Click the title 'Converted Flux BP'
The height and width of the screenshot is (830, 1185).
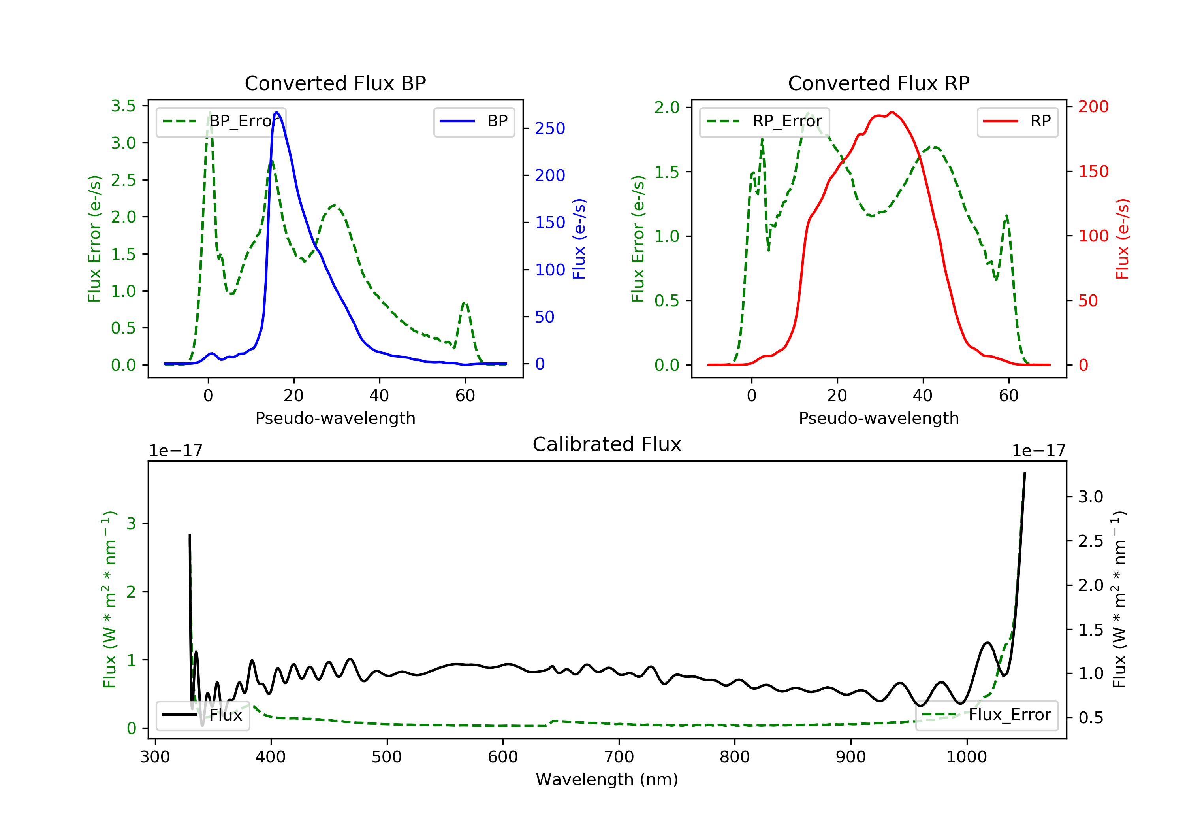pyautogui.click(x=335, y=83)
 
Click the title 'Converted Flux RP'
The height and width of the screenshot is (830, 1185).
pyautogui.click(x=878, y=83)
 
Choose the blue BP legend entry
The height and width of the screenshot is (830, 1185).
pyautogui.click(x=474, y=121)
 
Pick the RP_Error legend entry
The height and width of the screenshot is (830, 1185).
pyautogui.click(x=764, y=121)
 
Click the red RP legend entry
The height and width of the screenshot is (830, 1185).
pyautogui.click(x=1017, y=121)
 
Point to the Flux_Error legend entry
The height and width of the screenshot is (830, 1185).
pyautogui.click(x=986, y=715)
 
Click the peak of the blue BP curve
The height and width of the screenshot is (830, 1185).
pyautogui.click(x=277, y=112)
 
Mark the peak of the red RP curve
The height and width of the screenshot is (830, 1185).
pyautogui.click(x=892, y=112)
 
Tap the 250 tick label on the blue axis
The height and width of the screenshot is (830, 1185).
pyautogui.click(x=550, y=128)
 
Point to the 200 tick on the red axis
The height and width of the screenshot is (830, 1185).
pyautogui.click(x=1093, y=107)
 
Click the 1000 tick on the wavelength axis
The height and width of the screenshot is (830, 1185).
pyautogui.click(x=966, y=757)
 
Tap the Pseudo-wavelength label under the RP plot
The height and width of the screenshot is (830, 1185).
pyautogui.click(x=878, y=418)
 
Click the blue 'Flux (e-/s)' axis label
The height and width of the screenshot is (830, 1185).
pyautogui.click(x=579, y=239)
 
